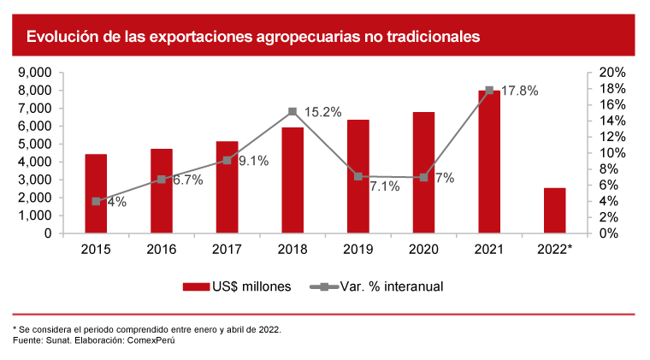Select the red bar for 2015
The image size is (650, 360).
point(96,193)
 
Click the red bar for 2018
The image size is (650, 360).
point(292,180)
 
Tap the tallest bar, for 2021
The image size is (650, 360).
point(489,162)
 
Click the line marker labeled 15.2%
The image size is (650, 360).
point(292,111)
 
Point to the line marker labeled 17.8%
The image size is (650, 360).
point(489,90)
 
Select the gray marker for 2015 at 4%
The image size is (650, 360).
point(96,201)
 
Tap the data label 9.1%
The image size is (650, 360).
point(252,160)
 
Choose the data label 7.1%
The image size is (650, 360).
point(384,186)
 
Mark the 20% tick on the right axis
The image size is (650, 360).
point(614,73)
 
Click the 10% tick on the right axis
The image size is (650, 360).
point(614,153)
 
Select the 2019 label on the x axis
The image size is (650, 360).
point(358,249)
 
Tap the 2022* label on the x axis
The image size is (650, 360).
point(554,249)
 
